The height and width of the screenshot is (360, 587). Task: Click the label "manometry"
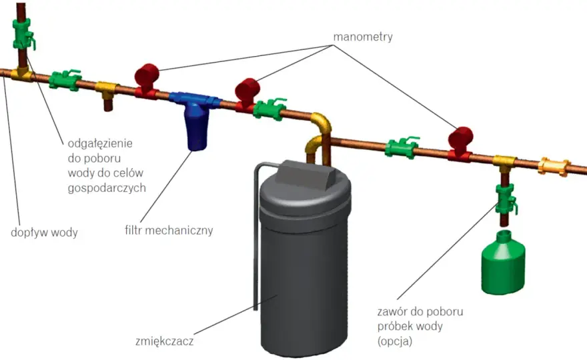pos(363,37)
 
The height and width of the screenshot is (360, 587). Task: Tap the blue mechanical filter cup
pos(196,127)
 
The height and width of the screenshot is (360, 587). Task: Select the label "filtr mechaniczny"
pos(169,230)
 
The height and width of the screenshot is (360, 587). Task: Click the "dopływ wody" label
pos(44,233)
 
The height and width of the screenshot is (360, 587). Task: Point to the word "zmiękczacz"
pos(164,341)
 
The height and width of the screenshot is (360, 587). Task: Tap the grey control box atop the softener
pos(305,175)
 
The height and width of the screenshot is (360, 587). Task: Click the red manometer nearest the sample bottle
pos(460,144)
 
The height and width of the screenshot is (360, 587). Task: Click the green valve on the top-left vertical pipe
pos(23,35)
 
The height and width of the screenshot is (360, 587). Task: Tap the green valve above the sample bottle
pos(506,199)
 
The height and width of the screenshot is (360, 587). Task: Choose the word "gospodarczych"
pos(107,188)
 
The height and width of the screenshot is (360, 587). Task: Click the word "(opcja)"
pos(395,341)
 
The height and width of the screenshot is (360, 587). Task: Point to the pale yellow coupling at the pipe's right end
pos(554,167)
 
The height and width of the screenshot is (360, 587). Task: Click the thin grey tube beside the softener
pos(256,232)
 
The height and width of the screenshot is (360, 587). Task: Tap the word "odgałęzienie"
pos(100,143)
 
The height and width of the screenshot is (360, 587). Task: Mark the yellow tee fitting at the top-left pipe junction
pos(22,74)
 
